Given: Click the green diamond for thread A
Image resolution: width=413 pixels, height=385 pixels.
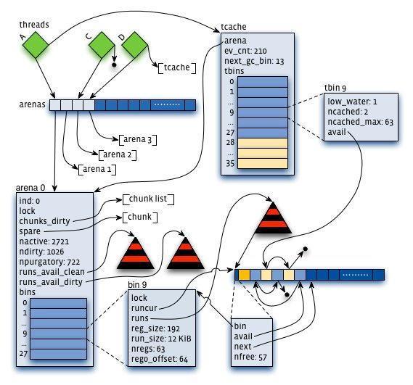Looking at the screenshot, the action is (36, 45).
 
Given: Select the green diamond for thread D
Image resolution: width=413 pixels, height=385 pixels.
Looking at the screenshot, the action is (134, 45).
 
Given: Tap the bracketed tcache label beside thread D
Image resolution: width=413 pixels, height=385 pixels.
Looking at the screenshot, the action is (177, 67).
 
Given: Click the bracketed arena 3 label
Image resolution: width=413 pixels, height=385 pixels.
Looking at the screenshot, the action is (138, 139).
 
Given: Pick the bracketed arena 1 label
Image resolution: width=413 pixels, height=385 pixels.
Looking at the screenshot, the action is (97, 169).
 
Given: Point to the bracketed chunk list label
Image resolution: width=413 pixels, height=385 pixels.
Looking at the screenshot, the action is (148, 199).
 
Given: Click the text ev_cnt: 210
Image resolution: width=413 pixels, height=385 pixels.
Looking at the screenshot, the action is (245, 51).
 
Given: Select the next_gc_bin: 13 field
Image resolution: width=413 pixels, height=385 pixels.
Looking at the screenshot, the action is (254, 61).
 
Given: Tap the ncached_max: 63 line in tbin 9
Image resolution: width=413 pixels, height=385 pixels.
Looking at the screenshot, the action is (360, 122).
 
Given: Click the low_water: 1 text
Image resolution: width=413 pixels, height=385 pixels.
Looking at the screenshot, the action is (352, 102).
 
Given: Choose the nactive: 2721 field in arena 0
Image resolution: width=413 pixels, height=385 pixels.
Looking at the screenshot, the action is (44, 241).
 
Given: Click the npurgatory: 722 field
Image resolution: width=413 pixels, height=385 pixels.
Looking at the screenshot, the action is (49, 262).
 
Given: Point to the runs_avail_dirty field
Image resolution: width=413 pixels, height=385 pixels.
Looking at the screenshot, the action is (51, 282).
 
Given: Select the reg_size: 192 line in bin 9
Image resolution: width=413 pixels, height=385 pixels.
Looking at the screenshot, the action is (155, 328).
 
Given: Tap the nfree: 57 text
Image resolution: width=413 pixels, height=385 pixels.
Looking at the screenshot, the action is (250, 357).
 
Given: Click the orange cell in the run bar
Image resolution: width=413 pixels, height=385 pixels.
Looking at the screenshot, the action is (244, 275).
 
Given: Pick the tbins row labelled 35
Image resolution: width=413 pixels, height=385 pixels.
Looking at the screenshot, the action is (263, 163).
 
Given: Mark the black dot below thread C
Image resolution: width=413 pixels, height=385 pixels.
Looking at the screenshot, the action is (114, 65).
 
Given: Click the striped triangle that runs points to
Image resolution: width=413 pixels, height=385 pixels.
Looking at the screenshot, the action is (273, 218).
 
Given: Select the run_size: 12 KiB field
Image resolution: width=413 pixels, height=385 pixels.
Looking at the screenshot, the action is (161, 339).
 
